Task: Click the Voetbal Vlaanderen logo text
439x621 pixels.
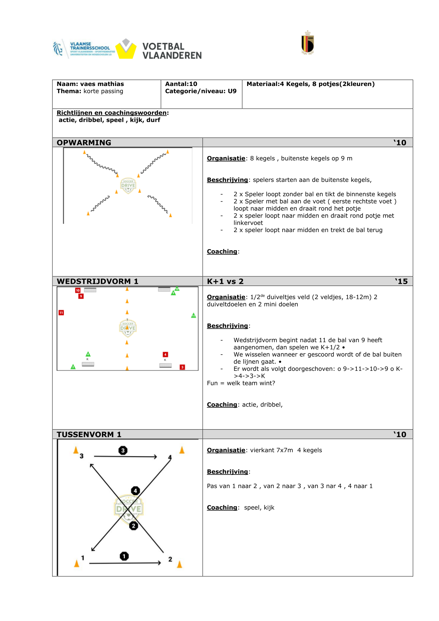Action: coord(172,51)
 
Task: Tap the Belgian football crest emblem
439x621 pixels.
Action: coord(308,43)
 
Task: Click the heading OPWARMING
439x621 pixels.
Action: coord(84,143)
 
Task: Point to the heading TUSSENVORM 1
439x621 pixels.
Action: coord(89,435)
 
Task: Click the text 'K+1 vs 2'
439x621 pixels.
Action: coord(225,281)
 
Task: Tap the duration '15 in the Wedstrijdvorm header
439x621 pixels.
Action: coord(401,281)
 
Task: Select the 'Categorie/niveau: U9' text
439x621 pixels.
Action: coord(201,91)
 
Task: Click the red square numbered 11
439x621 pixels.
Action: coord(61,312)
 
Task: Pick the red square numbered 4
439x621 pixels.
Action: coord(165,354)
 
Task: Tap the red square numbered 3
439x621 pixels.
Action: coord(182,367)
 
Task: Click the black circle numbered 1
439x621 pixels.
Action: coord(124,556)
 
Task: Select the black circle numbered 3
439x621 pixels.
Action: coord(123,450)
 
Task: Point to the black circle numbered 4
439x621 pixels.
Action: coord(135,491)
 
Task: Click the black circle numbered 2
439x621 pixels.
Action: coord(133,526)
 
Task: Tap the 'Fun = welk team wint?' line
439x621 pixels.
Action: coord(241,383)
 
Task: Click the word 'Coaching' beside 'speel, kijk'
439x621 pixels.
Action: coord(222,507)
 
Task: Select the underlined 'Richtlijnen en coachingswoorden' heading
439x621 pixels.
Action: coord(112,113)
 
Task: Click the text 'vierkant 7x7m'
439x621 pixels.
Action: coord(272,450)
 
